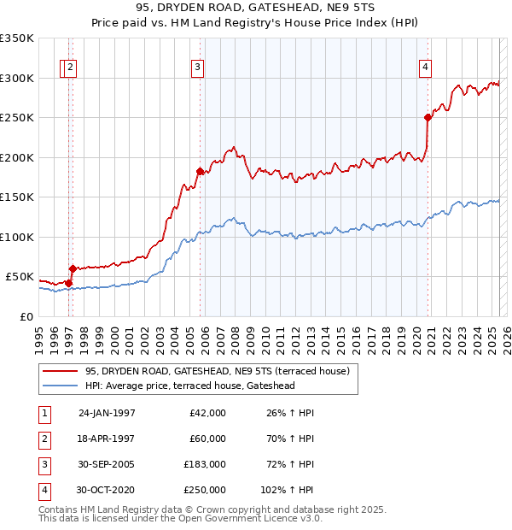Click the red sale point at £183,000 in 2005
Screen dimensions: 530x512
200,171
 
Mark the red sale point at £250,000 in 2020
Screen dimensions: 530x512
428,118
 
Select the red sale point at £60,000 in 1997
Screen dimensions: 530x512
73,268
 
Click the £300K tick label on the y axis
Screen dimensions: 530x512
17,78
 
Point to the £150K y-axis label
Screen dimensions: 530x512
17,197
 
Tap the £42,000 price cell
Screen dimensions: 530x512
208,412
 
